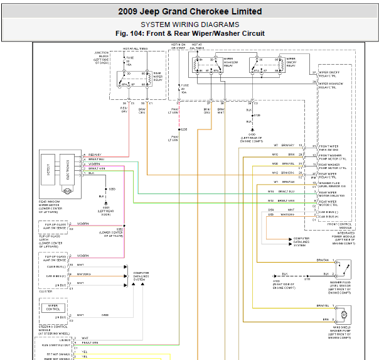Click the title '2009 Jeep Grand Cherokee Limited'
pyautogui.click(x=189, y=11)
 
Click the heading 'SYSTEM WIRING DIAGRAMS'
pyautogui.click(x=189, y=25)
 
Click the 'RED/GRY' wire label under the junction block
pyautogui.click(x=124, y=111)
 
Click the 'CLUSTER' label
pyautogui.click(x=46, y=292)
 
